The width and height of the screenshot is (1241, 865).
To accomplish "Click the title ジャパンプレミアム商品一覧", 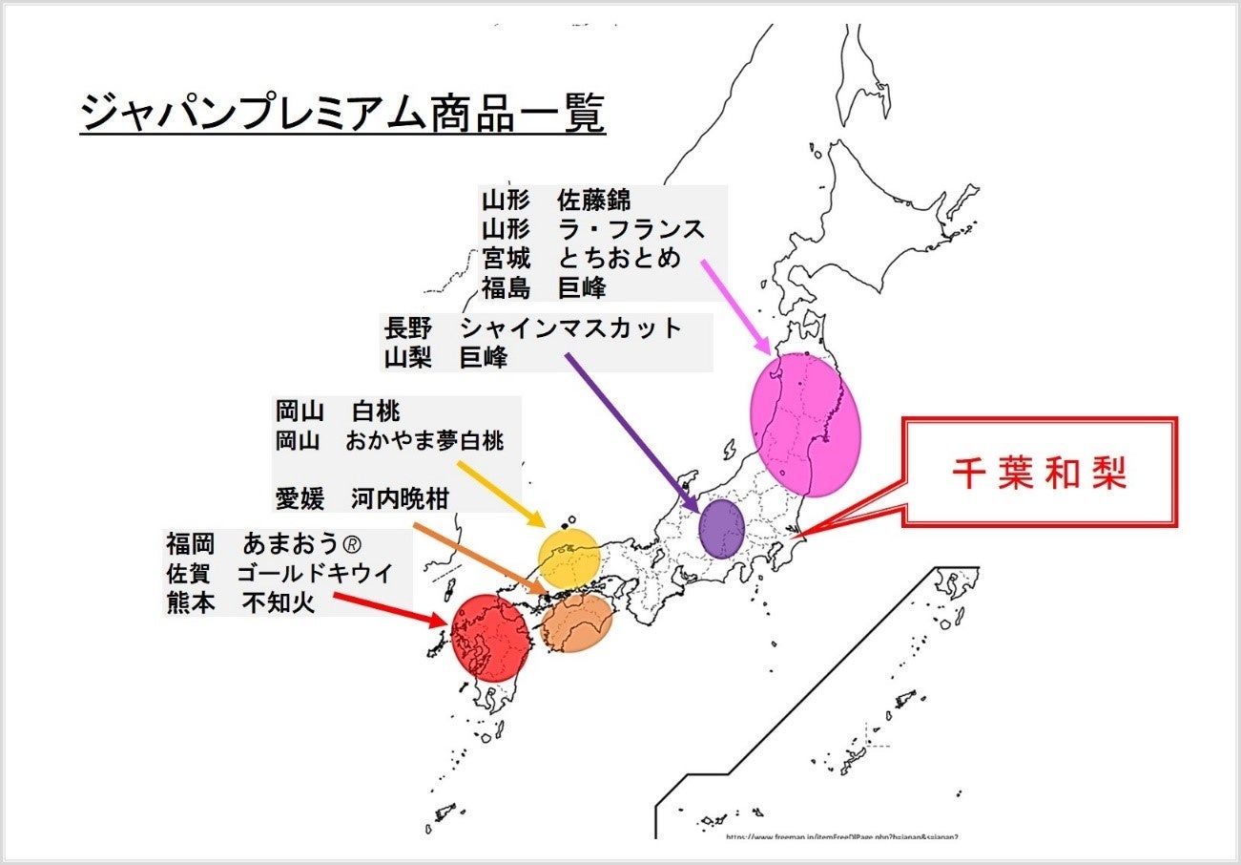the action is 342,116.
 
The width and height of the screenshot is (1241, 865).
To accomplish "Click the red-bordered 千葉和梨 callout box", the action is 1040,473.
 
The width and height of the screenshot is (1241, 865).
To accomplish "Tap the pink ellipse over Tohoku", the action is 806,425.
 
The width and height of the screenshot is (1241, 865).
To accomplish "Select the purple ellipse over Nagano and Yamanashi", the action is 721,528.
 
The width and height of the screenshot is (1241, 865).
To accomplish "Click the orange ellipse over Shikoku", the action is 576,622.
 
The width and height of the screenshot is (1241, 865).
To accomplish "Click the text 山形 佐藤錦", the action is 556,201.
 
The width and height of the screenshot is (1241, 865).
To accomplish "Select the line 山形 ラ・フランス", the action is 592,230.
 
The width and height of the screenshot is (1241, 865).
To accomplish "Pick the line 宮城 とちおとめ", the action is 582,258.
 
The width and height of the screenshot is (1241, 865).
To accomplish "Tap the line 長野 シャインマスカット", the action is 532,328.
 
